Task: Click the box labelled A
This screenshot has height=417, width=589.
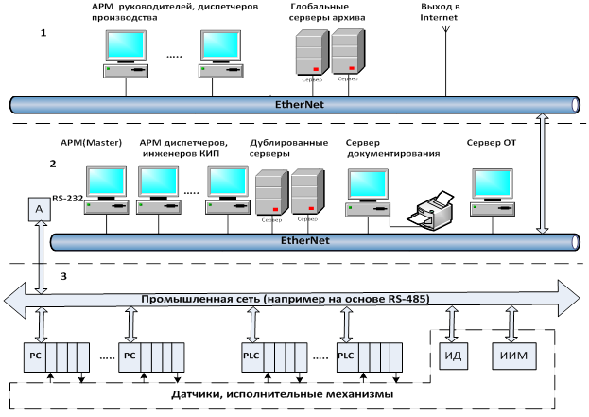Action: [x=39, y=209]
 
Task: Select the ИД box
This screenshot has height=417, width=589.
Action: [x=452, y=356]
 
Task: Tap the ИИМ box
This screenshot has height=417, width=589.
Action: [x=512, y=356]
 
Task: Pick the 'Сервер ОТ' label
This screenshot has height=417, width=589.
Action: [x=492, y=143]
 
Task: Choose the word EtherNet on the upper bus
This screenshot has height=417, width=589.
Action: [x=297, y=104]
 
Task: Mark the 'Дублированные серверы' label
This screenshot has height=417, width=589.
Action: [x=284, y=148]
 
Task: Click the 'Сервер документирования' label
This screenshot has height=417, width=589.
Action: [x=384, y=148]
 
